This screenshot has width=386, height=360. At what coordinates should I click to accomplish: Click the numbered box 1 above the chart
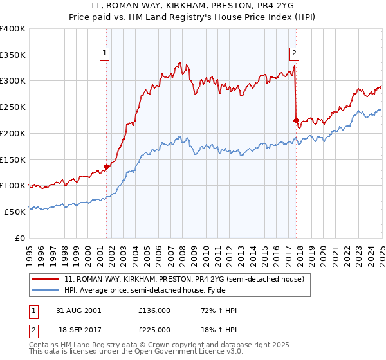tap(104, 54)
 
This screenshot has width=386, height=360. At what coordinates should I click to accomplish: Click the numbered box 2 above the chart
tap(294, 54)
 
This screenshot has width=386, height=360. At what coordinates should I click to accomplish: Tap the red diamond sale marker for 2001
tap(107, 166)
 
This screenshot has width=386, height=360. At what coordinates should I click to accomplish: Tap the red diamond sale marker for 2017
tap(296, 120)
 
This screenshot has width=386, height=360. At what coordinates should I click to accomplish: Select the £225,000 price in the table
tap(154, 328)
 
